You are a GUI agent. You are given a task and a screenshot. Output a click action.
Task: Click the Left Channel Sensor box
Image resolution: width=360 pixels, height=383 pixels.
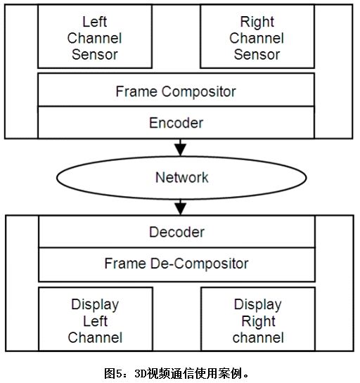coord(95,37)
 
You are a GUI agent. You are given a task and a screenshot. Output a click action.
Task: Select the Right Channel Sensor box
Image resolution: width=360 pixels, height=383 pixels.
coord(257,37)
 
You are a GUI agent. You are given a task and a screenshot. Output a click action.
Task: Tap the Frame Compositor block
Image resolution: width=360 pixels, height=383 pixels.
coord(176,90)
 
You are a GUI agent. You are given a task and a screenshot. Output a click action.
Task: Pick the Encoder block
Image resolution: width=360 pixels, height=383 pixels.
coord(176,122)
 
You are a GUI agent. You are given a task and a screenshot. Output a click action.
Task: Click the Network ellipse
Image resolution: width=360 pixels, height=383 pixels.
coord(181,178)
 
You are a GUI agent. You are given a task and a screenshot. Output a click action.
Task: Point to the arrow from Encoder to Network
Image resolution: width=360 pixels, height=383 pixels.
coord(181,148)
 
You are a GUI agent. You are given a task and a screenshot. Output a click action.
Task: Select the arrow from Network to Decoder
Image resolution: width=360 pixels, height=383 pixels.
coord(181,207)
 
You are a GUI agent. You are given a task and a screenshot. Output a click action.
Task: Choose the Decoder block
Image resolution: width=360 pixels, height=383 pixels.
coord(176,232)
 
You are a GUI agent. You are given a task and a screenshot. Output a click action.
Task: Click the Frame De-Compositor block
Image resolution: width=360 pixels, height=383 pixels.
coord(176,264)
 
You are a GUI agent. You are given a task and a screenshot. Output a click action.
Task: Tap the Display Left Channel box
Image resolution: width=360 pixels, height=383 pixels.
coord(96,319)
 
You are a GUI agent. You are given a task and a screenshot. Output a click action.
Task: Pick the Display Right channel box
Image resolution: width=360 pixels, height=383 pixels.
coord(258,319)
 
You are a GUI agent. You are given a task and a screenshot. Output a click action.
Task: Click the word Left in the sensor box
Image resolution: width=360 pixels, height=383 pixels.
coord(95,22)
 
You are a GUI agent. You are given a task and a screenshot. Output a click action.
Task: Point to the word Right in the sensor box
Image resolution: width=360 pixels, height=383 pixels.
coord(257,22)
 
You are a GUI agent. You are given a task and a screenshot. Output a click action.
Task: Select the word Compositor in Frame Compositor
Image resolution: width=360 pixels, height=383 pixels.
coord(199,92)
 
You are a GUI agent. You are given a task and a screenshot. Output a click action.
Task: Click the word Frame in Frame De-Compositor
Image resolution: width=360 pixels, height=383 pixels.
coord(125,264)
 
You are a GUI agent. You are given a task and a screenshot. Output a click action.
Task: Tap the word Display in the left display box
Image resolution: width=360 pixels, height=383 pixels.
coord(95,305)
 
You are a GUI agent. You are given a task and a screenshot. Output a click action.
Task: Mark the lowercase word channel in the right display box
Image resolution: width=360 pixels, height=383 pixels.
coord(258,337)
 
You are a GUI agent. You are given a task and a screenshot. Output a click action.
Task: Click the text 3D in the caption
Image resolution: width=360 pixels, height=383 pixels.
coord(140,373)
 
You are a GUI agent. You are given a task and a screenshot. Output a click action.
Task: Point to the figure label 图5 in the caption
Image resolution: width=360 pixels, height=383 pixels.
coord(113,373)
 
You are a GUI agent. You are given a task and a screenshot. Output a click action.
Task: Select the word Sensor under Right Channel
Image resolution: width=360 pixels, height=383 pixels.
coord(257,55)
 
